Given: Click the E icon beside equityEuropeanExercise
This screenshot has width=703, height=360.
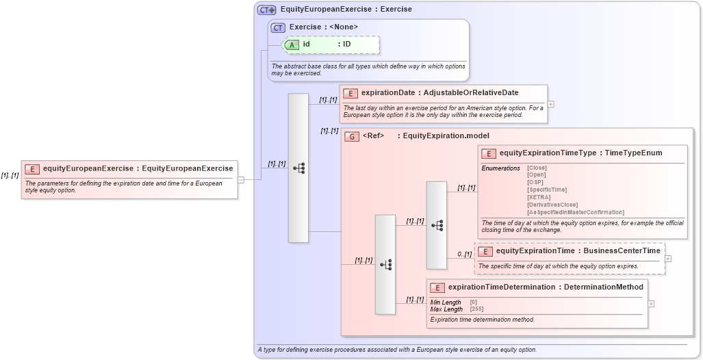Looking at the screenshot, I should click(x=32, y=168).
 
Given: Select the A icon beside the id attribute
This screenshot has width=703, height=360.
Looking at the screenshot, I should click(x=292, y=44).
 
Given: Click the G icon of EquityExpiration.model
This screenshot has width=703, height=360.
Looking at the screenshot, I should click(x=352, y=136).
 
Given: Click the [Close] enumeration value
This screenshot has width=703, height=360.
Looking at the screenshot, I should click(x=537, y=168).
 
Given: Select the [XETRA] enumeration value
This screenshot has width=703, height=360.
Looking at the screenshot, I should click(x=539, y=197).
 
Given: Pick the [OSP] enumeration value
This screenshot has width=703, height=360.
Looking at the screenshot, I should click(x=535, y=182).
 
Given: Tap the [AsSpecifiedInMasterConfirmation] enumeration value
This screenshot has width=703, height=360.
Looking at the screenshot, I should click(x=575, y=212).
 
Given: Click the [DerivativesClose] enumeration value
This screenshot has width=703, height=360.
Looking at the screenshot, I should click(x=552, y=205).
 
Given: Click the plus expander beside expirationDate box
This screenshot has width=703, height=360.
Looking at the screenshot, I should click(x=550, y=105).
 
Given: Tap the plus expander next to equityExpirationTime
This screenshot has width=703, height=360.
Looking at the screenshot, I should click(x=668, y=259).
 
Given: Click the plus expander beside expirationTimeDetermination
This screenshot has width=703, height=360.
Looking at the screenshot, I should click(x=651, y=304).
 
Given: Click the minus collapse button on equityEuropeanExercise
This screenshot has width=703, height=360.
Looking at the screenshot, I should click(x=241, y=180).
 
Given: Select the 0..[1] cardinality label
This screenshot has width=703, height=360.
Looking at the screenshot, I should click(x=465, y=255).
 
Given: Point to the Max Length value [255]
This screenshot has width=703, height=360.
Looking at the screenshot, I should click(x=476, y=309).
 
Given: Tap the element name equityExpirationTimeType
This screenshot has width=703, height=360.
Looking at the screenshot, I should click(x=548, y=153).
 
